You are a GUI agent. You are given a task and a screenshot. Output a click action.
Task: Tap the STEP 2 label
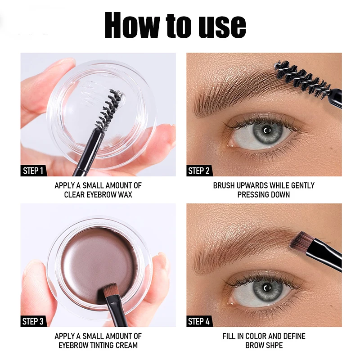click(x=199, y=171)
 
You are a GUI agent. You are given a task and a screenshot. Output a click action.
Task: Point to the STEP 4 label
click(x=199, y=321)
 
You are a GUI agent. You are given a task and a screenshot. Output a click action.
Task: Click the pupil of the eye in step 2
click(x=267, y=131)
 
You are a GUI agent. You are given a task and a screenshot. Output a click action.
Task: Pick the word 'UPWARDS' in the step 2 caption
click(x=254, y=185)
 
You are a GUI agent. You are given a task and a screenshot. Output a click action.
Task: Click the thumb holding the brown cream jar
click(x=40, y=288)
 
